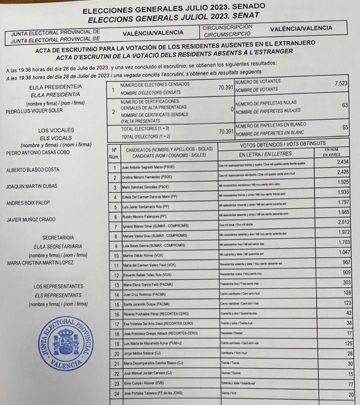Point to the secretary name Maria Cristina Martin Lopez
(x=40, y=263)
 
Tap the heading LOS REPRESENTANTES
(x=58, y=287)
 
